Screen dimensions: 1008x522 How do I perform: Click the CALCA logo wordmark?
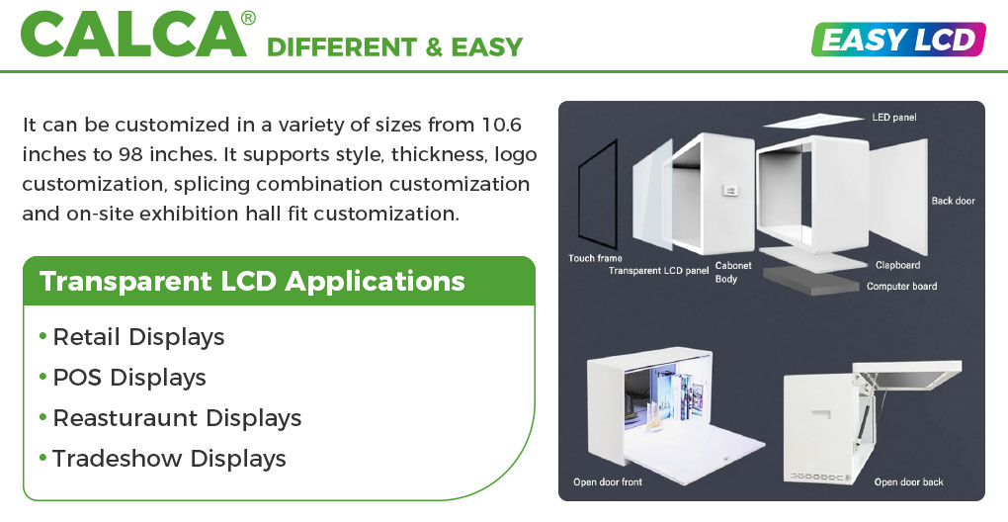click(133, 35)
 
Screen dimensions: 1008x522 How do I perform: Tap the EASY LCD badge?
click(898, 40)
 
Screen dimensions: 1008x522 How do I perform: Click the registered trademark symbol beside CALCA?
click(248, 18)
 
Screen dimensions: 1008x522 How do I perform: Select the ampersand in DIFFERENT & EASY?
click(434, 46)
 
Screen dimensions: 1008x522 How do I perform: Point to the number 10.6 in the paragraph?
click(501, 124)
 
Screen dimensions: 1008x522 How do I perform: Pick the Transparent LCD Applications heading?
click(252, 281)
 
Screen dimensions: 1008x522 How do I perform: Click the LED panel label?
click(894, 117)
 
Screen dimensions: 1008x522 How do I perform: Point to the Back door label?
click(953, 201)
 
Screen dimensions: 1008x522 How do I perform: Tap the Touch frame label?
click(595, 258)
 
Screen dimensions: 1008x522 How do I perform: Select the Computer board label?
click(901, 286)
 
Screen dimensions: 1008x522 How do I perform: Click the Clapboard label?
click(897, 265)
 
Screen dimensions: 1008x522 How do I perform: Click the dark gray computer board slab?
click(811, 281)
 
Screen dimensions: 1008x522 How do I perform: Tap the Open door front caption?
click(608, 481)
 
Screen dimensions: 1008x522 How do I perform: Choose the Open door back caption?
click(909, 481)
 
